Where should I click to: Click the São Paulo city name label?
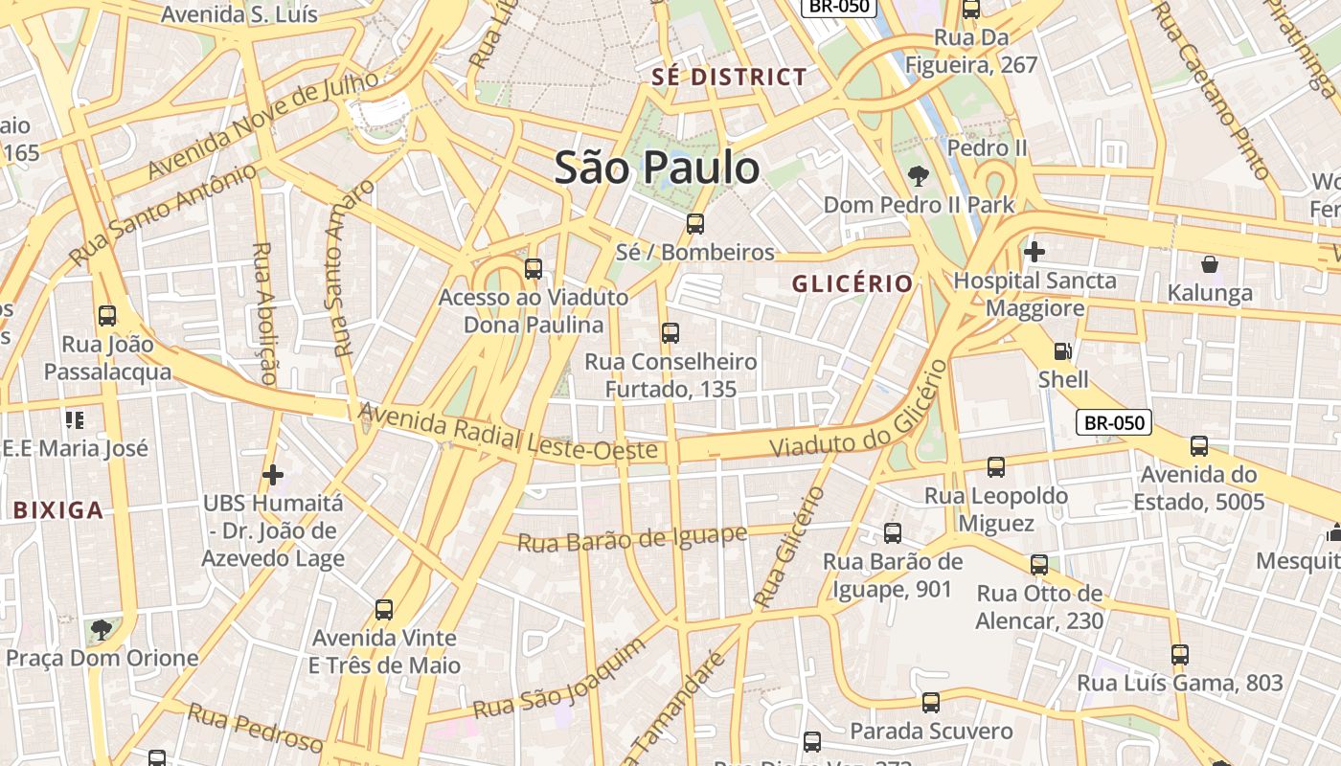click(657, 168)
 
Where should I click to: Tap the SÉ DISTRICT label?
click(730, 78)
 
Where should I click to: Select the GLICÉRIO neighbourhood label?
click(852, 283)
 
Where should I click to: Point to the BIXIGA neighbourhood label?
click(58, 509)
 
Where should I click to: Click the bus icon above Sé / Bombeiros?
click(695, 224)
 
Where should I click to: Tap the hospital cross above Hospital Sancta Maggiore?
click(1034, 252)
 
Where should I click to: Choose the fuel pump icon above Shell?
click(1062, 351)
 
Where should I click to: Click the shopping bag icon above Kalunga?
click(1210, 264)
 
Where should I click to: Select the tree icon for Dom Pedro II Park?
click(918, 176)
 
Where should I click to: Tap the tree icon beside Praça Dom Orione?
click(101, 629)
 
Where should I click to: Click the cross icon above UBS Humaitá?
click(273, 474)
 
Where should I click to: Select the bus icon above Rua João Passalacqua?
click(107, 315)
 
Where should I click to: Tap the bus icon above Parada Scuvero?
click(931, 703)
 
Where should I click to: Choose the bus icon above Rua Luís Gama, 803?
click(1180, 655)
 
